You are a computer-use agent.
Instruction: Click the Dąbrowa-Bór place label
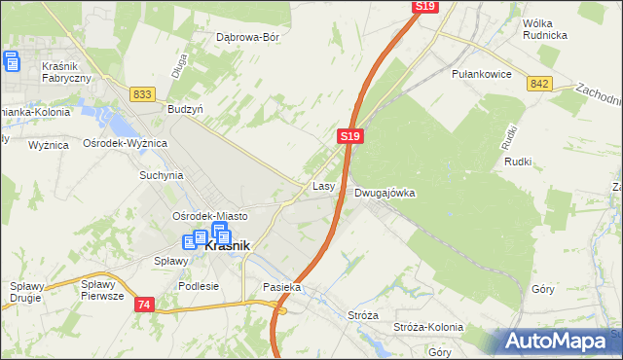coord(248,37)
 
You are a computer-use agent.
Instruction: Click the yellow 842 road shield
coord(541,85)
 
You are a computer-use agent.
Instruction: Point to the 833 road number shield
coord(142,93)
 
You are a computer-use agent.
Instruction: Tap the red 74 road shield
coord(144,305)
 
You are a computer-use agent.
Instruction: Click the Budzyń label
coord(185,110)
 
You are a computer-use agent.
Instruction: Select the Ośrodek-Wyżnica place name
coord(126,143)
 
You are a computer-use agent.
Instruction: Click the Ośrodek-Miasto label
coord(209,216)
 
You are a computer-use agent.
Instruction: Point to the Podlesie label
coord(199,287)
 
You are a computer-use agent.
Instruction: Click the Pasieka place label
coord(282,288)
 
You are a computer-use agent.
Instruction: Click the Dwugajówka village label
coord(385,193)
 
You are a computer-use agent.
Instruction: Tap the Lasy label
coord(324,185)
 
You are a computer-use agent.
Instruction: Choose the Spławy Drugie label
coord(29,291)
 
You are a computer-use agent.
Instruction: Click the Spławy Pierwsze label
coord(102,290)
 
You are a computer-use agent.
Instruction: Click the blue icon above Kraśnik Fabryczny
coord(12,62)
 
